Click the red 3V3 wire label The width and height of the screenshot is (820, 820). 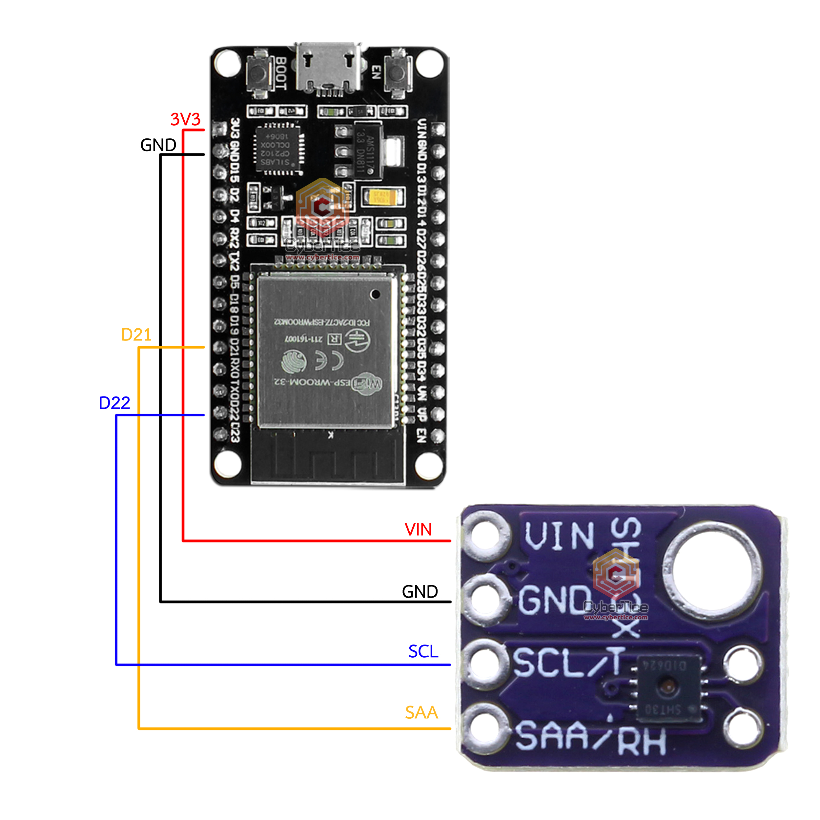pos(185,119)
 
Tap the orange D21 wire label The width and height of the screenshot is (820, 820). pos(136,335)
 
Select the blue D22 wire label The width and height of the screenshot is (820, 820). pos(114,403)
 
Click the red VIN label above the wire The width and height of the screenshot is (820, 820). pos(418,529)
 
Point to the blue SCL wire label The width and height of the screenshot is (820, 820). pos(423,651)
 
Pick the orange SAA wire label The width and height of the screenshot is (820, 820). pos(421,713)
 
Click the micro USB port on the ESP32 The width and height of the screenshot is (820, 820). pos(328,68)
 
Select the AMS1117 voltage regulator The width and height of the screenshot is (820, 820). pos(367,151)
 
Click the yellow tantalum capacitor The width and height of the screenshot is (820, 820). pos(381,197)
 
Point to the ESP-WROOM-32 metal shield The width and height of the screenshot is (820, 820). pos(325,350)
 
